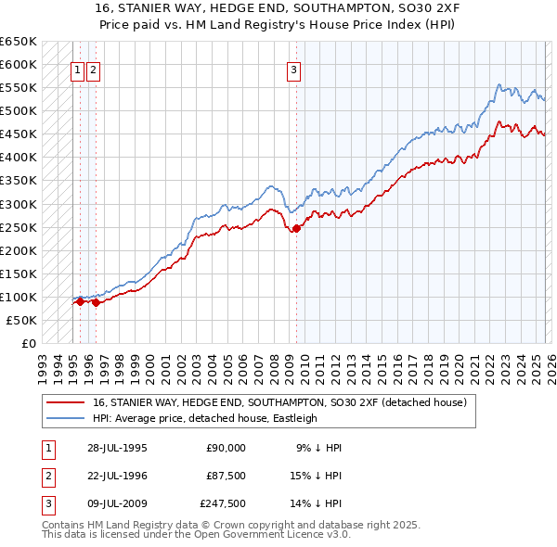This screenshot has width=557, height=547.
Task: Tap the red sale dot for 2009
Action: click(x=296, y=228)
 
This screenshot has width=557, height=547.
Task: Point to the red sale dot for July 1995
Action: click(x=80, y=301)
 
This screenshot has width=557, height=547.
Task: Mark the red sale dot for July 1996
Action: click(x=96, y=302)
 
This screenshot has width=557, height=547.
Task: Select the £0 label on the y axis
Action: click(x=28, y=343)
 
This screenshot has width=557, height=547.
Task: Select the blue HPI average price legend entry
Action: click(x=204, y=418)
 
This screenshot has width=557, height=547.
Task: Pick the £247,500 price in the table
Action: click(x=222, y=504)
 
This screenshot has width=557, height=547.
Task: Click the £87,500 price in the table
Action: click(x=225, y=476)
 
